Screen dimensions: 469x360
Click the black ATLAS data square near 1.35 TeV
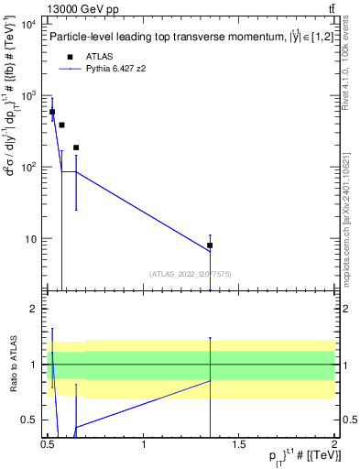[x=210, y=245]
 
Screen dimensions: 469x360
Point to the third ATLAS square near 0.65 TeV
[x=76, y=147]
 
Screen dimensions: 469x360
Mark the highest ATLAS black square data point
[x=52, y=112]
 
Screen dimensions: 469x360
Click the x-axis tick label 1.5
[x=239, y=444]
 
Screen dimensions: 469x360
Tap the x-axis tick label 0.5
[x=48, y=444]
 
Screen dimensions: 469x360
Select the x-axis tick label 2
[x=334, y=444]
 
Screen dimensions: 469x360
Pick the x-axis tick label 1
[x=144, y=444]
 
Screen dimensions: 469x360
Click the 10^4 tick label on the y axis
[x=27, y=24]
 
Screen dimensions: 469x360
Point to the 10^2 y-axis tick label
[x=27, y=168]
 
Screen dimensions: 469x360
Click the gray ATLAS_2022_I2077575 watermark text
[x=190, y=273]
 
